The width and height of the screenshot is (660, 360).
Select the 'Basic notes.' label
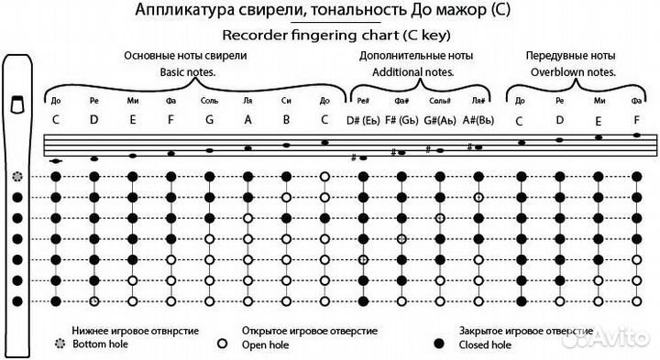191,71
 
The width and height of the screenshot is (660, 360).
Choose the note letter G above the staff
210,119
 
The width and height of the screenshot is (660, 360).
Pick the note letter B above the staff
287,119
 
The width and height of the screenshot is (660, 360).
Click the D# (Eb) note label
363,120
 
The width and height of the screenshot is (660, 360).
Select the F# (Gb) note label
401,120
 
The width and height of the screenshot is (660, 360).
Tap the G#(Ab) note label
440,120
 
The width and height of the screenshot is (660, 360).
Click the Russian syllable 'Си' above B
287,100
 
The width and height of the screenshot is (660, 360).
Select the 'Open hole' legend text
265,345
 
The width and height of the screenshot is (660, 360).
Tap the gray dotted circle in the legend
61,344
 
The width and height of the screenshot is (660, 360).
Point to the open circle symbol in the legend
222,344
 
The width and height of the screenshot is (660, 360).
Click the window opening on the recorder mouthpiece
16,104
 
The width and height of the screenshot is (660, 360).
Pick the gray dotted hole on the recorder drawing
16,175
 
